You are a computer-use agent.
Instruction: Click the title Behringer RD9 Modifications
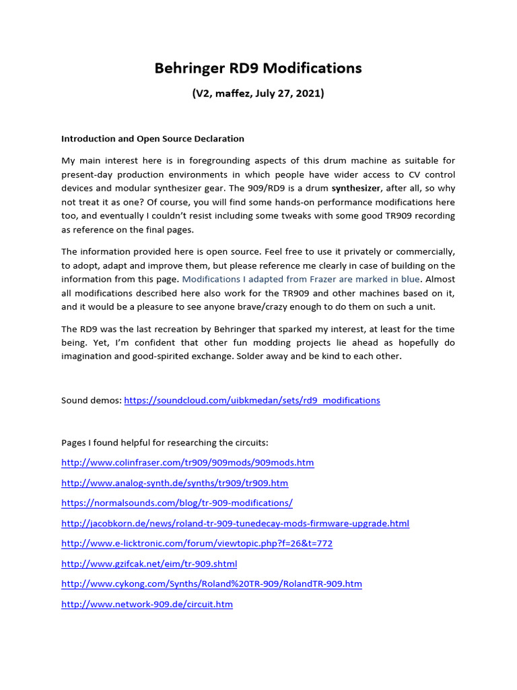click(x=258, y=68)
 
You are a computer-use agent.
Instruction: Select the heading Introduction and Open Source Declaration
click(x=153, y=139)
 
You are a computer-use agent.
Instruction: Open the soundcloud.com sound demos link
click(x=252, y=400)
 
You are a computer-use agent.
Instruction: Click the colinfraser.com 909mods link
click(x=187, y=463)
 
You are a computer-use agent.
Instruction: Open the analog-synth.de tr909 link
click(x=174, y=483)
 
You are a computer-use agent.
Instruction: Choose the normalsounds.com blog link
click(x=177, y=503)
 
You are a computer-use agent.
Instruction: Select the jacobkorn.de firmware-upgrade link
click(x=235, y=524)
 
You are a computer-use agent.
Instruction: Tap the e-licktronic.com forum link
click(x=197, y=544)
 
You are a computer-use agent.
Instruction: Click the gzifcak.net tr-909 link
click(x=149, y=564)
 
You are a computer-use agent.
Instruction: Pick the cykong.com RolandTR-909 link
click(x=211, y=584)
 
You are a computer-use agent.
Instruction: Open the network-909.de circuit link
click(x=147, y=604)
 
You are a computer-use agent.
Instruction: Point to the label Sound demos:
click(x=92, y=400)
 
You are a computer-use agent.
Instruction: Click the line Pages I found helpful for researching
click(x=165, y=443)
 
